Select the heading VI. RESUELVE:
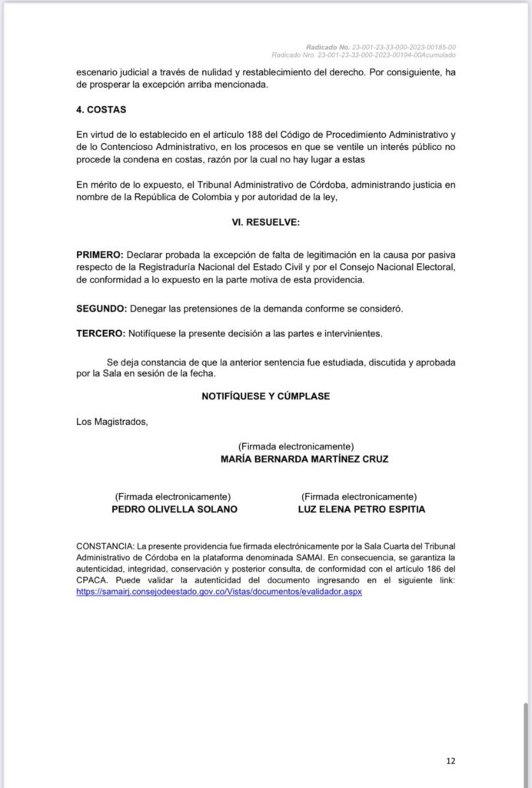click(x=265, y=222)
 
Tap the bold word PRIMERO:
click(x=100, y=254)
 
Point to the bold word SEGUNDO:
click(x=101, y=308)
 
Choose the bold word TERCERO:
click(x=101, y=333)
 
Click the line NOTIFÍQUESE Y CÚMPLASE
click(x=265, y=396)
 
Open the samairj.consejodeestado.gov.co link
click(x=219, y=593)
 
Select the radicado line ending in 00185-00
click(x=380, y=46)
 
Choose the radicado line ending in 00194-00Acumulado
click(x=364, y=55)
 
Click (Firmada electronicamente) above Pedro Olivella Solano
click(x=172, y=496)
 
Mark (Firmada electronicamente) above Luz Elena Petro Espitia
click(x=359, y=496)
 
